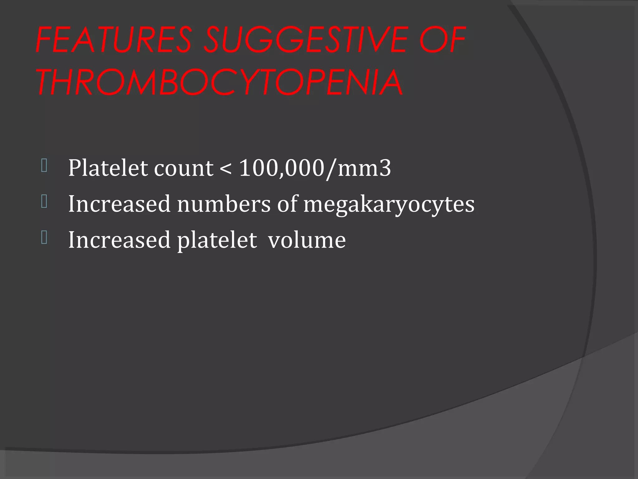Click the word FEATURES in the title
click(114, 40)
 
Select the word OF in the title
click(442, 40)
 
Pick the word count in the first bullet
click(184, 168)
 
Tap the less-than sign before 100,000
click(226, 169)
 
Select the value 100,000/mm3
click(315, 168)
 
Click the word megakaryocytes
click(389, 204)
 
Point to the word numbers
click(224, 204)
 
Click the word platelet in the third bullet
click(217, 241)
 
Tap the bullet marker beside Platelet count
click(44, 166)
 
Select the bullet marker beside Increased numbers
click(44, 202)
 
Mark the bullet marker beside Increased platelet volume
click(44, 238)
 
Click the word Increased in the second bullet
click(119, 204)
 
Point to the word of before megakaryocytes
click(288, 204)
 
